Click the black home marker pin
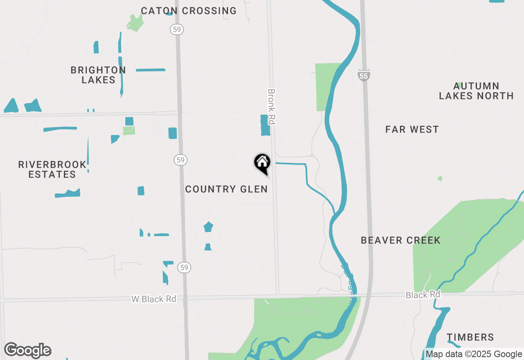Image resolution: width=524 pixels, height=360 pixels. click(262, 162)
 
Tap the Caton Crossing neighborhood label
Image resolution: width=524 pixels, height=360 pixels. click(189, 11)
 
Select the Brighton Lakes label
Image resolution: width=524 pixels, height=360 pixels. click(98, 75)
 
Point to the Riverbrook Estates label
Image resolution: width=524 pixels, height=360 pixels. click(52, 169)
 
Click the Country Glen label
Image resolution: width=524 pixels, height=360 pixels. click(226, 189)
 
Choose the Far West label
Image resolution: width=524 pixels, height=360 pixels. click(412, 130)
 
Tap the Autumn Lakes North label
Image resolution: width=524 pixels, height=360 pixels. click(476, 91)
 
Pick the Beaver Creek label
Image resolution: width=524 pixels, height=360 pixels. click(400, 240)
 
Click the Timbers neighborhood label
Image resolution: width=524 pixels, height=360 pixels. click(470, 337)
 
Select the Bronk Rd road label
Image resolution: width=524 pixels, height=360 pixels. click(271, 106)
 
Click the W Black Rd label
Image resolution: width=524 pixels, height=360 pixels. click(154, 299)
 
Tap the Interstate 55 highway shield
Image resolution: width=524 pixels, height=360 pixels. click(364, 75)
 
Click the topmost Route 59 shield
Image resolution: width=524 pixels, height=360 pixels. click(177, 29)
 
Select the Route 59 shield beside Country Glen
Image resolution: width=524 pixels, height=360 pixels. click(181, 160)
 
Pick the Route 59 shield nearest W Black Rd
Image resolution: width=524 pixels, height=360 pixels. click(184, 268)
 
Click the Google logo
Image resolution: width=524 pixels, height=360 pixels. click(28, 350)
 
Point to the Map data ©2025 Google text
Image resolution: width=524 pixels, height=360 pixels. click(474, 354)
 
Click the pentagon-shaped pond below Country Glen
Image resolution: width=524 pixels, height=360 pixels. click(208, 226)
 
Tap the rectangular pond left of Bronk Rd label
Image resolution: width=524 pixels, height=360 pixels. click(265, 125)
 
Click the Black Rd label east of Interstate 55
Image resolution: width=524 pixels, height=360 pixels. click(423, 295)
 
